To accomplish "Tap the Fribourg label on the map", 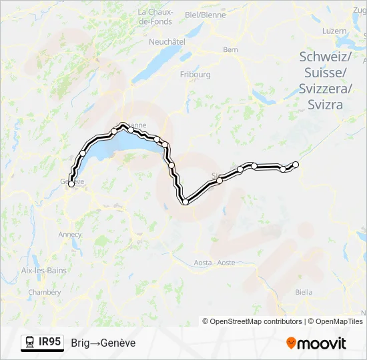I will click(195, 75).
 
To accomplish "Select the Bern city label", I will click(230, 49).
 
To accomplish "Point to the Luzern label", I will click(334, 31).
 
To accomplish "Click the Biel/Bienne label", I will click(205, 14).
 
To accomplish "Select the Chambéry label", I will click(45, 292).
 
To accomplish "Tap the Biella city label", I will click(304, 292).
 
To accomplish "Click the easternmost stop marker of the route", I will click(296, 165).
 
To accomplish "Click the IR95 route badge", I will click(50, 342).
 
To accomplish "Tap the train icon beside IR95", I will click(30, 343).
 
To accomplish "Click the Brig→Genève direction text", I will click(103, 343).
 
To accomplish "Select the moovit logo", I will click(316, 343).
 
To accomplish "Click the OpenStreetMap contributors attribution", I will click(252, 321).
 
